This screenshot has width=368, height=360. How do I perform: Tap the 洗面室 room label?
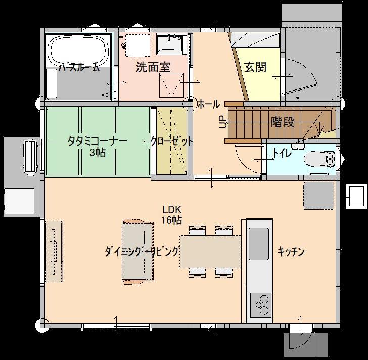153,67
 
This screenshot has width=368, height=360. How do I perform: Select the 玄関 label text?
255,67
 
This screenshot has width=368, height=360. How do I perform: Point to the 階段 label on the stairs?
283,122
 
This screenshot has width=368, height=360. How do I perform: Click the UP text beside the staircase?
223,122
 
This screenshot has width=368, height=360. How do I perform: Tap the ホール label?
208,104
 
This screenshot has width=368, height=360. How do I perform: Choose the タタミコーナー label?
98,141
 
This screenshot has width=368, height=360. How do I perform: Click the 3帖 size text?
98,153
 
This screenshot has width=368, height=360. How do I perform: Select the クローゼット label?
172,141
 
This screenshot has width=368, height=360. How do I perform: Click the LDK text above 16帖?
172,209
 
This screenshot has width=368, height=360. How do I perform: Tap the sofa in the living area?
138,252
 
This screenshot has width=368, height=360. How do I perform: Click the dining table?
210,252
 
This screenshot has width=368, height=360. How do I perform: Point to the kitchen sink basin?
259,244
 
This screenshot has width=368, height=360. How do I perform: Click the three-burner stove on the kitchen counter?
261,305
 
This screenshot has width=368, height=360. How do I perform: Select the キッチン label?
291,252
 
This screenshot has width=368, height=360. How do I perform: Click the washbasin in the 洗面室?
171,44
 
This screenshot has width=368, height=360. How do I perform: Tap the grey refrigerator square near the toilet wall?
319,196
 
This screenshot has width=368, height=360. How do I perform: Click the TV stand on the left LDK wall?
54,251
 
